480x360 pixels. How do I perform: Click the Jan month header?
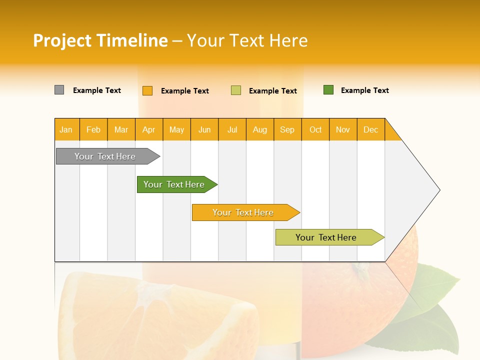[x=66, y=129]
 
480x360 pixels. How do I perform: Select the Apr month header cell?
[x=149, y=129]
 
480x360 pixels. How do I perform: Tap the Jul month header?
[x=232, y=129]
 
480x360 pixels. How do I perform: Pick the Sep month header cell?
[x=287, y=129]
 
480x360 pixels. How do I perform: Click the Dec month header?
[x=370, y=129]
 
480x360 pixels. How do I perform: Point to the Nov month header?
[x=343, y=129]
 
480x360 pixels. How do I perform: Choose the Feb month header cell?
[x=93, y=129]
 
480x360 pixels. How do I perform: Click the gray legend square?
[x=59, y=90]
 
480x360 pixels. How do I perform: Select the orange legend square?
[x=147, y=90]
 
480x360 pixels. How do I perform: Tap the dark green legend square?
[x=328, y=90]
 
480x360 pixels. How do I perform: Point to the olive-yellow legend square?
[x=235, y=90]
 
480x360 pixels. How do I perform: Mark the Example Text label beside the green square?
[x=364, y=90]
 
